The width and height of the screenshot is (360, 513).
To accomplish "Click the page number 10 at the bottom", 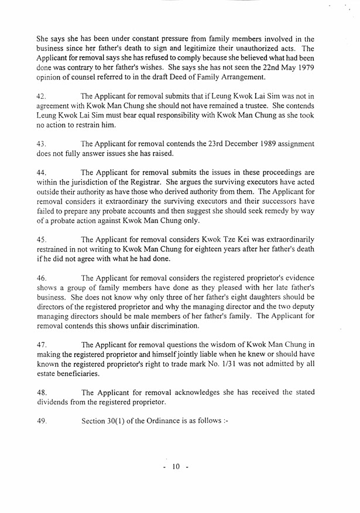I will (x=174, y=467).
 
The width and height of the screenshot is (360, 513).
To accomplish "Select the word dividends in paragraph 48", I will (x=54, y=402).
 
